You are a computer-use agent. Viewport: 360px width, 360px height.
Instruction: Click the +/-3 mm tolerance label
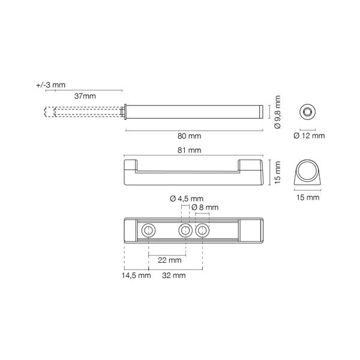pos(51,85)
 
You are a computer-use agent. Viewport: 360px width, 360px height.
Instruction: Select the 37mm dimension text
pos(85,96)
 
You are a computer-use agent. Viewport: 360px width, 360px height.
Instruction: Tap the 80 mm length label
pos(189,136)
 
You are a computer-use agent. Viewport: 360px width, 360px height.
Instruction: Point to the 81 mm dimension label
pos(189,150)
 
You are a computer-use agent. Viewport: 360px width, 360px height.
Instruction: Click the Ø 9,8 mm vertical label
pos(278,112)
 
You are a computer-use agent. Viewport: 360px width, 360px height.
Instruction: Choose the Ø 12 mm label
pos(309,136)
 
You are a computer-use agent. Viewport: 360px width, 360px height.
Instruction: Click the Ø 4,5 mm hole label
pos(187,199)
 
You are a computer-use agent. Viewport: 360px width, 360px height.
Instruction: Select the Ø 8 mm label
pos(205,208)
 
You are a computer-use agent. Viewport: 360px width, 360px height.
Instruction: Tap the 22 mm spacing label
pos(169,260)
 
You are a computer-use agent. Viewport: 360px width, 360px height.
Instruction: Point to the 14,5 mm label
pos(136,275)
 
